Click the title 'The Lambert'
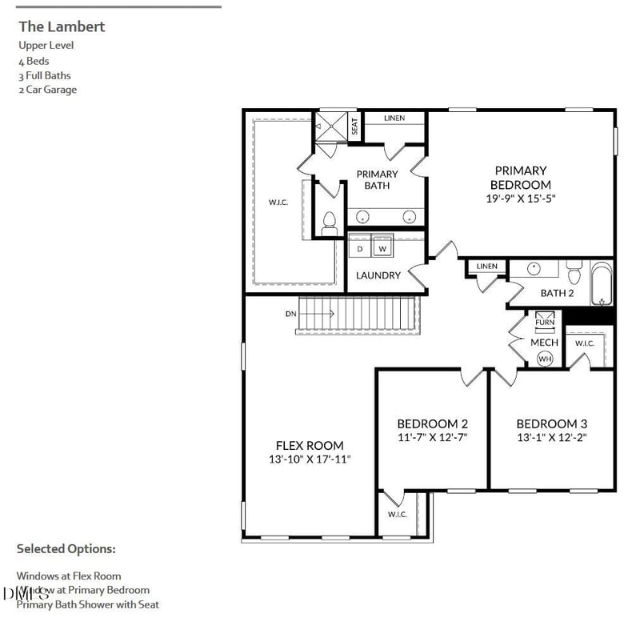[x=62, y=26]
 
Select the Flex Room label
[x=310, y=445]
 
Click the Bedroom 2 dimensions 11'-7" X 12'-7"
[x=432, y=437]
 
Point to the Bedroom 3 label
[x=552, y=423]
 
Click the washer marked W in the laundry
[x=382, y=249]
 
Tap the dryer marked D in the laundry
[x=361, y=249]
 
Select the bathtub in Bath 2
[x=602, y=286]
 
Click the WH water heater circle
[x=545, y=359]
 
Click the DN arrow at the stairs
[x=308, y=314]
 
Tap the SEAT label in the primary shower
[x=354, y=126]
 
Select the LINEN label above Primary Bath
[x=394, y=118]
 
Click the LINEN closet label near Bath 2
[x=486, y=267]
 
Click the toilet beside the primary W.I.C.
[x=328, y=223]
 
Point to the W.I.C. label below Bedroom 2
[x=398, y=515]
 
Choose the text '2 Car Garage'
[x=48, y=90]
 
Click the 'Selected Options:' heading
[x=66, y=549]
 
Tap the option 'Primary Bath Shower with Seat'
[x=88, y=604]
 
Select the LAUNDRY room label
[x=378, y=275]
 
